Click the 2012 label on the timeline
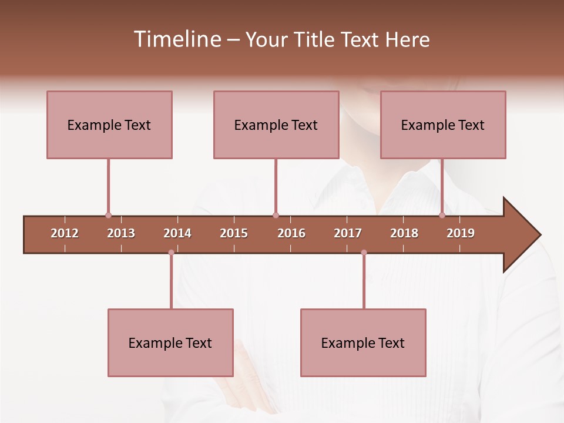pyautogui.click(x=65, y=233)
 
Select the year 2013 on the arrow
pyautogui.click(x=121, y=233)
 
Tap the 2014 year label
pyautogui.click(x=177, y=233)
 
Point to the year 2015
pyautogui.click(x=234, y=233)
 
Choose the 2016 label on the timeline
pyautogui.click(x=291, y=233)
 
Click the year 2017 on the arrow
pyautogui.click(x=348, y=233)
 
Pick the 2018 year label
pyautogui.click(x=404, y=233)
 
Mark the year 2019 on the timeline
pyautogui.click(x=461, y=233)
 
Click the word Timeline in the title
pyautogui.click(x=176, y=39)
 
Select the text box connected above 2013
pyautogui.click(x=109, y=125)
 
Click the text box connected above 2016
pyautogui.click(x=276, y=125)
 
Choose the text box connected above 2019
pyautogui.click(x=443, y=125)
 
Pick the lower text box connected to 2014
pyautogui.click(x=170, y=343)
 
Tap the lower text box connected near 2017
pyautogui.click(x=363, y=343)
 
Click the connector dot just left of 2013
pyautogui.click(x=108, y=216)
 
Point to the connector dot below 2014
pyautogui.click(x=171, y=253)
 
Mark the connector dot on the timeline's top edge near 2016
pyautogui.click(x=276, y=216)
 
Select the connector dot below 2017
pyautogui.click(x=364, y=253)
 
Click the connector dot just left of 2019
pyautogui.click(x=442, y=216)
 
